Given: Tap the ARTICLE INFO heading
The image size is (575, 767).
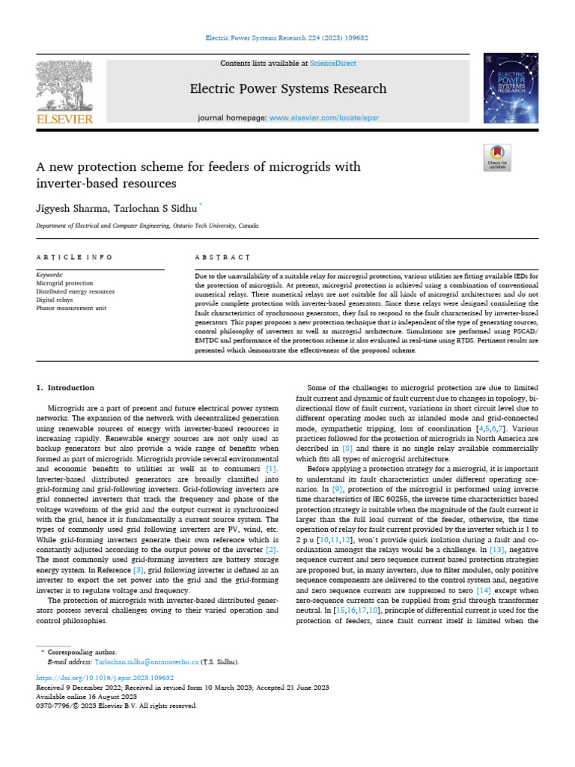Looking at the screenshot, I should click(74, 257).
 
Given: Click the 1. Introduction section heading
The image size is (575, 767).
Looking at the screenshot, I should click(65, 387).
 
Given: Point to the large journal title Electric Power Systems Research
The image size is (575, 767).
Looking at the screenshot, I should click(288, 88).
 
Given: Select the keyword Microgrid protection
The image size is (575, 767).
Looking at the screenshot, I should click(65, 283).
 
